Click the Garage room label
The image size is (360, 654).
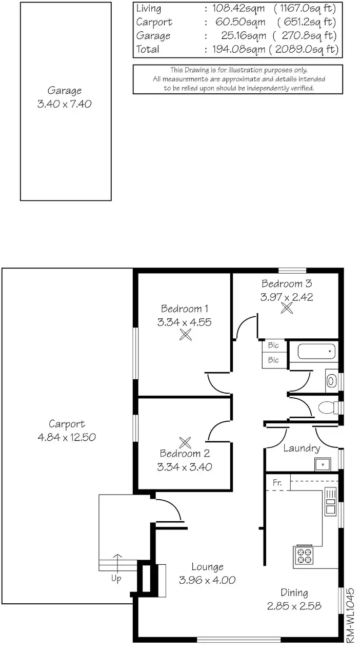coord(65,91)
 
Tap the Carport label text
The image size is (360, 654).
coord(67,424)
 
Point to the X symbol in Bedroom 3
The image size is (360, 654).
coord(287,308)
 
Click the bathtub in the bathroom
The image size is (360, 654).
coord(316,352)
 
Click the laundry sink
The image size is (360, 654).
coord(323,464)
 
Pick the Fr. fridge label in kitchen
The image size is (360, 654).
coord(277,483)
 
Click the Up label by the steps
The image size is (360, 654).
coord(117,579)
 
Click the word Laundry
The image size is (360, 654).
coord(302,448)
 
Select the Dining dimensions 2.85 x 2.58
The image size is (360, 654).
coord(294,606)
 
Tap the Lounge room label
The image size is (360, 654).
coord(207,567)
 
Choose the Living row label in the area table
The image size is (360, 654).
coord(148,9)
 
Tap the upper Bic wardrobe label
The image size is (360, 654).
coord(273,346)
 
